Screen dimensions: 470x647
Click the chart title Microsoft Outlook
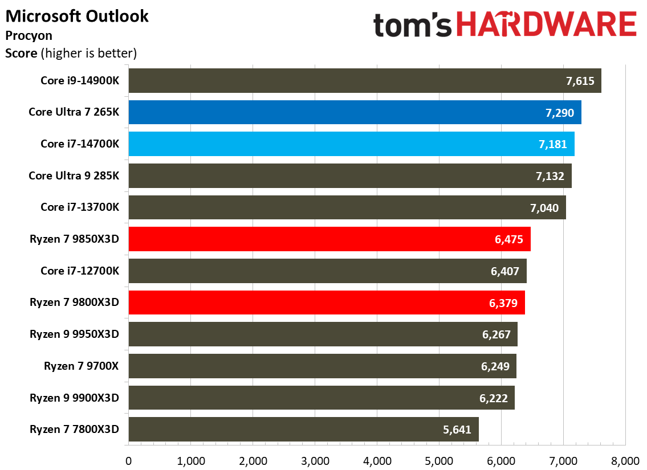coord(76,16)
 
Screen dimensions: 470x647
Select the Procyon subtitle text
coord(29,35)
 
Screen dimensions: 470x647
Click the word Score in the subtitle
coord(21,54)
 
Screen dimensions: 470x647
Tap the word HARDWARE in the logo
coord(547,26)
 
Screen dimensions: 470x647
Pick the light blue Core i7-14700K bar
coord(351,144)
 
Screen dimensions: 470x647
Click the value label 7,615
coord(580,81)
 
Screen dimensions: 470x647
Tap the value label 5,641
coord(457,430)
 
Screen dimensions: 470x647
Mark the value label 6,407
coord(504,271)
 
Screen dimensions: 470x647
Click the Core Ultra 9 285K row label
coord(74,175)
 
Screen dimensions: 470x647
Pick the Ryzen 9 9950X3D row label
coord(74,334)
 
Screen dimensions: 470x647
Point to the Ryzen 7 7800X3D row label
coord(74,430)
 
